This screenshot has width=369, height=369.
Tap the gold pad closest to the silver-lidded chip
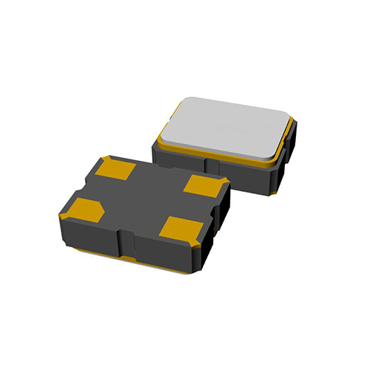tap(203, 184)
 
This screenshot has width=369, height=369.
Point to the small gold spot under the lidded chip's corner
tap(275, 193)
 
